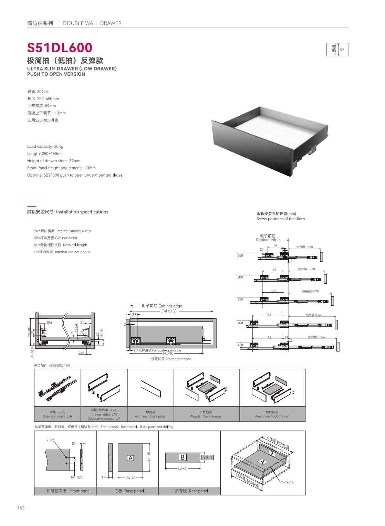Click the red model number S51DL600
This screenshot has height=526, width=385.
[x=60, y=48]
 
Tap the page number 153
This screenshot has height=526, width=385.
[x=21, y=508]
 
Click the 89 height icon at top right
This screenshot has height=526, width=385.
[x=337, y=50]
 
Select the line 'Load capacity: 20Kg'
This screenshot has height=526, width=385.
[x=45, y=146]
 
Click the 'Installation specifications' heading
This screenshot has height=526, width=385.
[x=82, y=212]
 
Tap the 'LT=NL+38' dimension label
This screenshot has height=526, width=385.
[x=168, y=311]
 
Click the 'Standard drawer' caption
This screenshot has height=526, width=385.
[x=171, y=359]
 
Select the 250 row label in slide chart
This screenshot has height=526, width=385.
[x=240, y=255]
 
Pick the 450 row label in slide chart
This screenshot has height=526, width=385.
[x=240, y=345]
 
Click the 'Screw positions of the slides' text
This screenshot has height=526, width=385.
[x=281, y=219]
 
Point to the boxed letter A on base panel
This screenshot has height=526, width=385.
[x=130, y=458]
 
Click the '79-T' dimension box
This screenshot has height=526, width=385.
[x=208, y=457]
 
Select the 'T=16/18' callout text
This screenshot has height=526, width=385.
[x=287, y=483]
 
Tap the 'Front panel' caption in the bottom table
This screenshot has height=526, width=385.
[x=69, y=491]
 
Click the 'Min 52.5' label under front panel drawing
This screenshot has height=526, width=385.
[x=77, y=477]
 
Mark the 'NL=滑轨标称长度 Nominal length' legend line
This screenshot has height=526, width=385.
[x=60, y=245]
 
